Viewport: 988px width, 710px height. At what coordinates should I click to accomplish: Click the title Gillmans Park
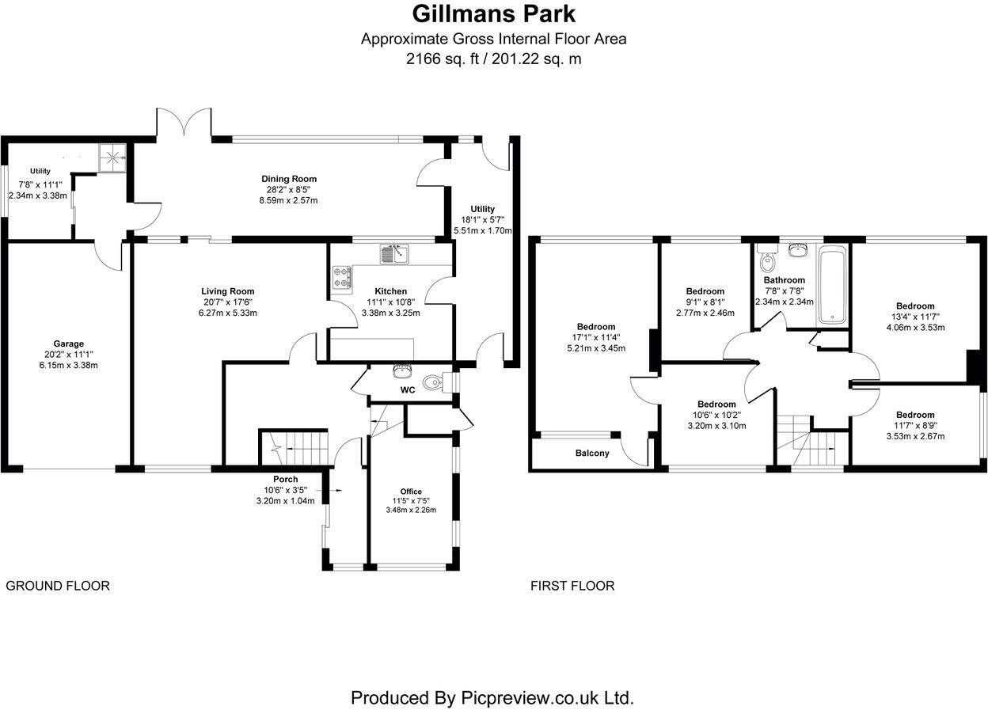493,14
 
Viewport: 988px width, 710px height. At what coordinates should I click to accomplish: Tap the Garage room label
69,344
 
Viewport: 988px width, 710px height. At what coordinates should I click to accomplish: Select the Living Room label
227,291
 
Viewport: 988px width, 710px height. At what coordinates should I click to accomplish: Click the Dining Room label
289,179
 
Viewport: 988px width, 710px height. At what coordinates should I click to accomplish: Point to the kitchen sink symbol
393,254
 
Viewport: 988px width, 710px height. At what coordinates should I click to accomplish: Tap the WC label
408,390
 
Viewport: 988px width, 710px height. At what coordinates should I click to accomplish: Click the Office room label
411,492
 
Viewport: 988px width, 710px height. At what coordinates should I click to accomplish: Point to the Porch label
285,479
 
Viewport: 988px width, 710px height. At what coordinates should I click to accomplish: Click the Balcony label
592,454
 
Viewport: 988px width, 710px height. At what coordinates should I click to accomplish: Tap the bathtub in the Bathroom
833,286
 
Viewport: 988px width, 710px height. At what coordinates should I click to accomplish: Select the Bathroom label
784,280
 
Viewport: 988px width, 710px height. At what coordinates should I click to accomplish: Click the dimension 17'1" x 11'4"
596,337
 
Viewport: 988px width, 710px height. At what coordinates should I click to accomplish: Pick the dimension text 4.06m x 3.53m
915,327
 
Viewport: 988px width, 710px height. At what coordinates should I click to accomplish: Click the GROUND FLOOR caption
58,586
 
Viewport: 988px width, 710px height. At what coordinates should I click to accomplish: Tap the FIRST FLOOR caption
572,586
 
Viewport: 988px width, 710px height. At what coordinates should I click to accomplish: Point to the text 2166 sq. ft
444,59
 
